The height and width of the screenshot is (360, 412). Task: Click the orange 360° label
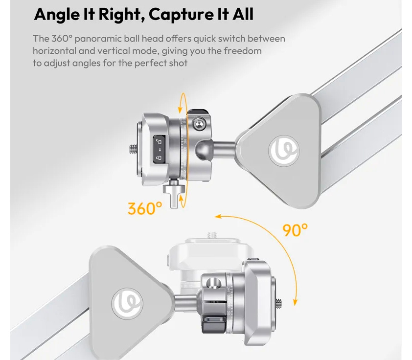[x=145, y=208]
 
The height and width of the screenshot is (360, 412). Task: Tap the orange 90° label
[x=295, y=229]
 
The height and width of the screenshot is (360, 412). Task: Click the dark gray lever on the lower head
[x=214, y=325]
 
